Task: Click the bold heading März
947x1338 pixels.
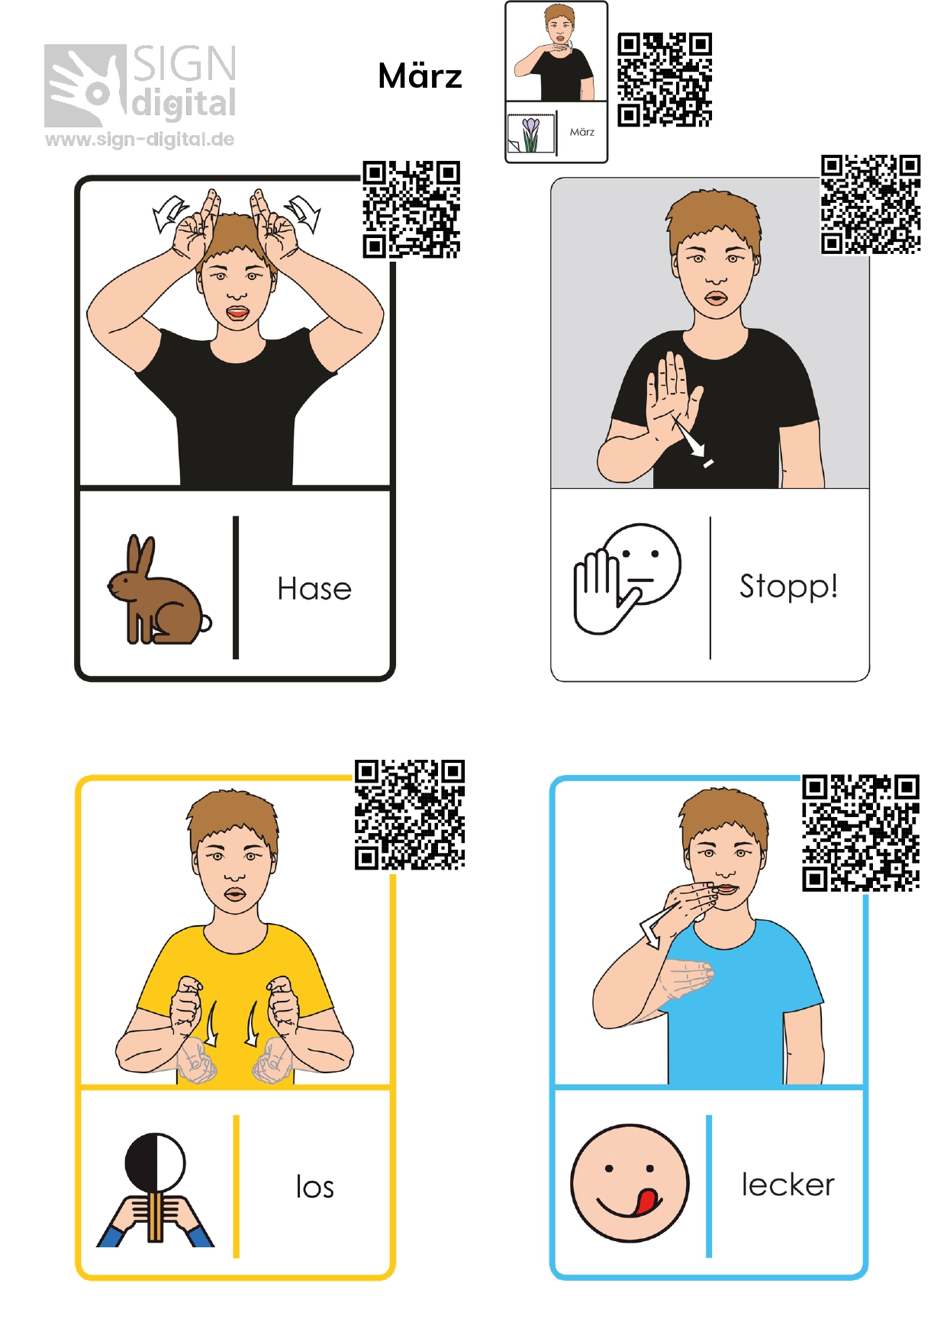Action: [420, 76]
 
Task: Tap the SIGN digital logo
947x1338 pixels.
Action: [140, 85]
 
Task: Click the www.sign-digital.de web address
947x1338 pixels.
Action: [140, 140]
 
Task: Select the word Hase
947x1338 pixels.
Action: [314, 589]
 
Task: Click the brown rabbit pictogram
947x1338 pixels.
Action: [159, 590]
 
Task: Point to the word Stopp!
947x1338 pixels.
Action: [788, 587]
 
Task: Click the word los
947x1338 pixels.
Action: [315, 1187]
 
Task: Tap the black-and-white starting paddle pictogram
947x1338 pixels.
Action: [155, 1189]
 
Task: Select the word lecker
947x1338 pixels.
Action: [788, 1185]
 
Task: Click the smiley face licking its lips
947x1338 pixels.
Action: [630, 1182]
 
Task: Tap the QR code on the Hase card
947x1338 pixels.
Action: [411, 209]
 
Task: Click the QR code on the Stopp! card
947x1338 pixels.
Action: [871, 204]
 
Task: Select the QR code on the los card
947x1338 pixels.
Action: [410, 815]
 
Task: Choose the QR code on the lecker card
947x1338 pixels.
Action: [861, 833]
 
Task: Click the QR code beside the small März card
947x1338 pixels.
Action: [665, 79]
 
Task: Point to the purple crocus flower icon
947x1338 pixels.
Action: [530, 133]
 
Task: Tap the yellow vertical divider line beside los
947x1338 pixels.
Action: [237, 1186]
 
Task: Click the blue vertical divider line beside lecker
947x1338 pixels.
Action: [709, 1186]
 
